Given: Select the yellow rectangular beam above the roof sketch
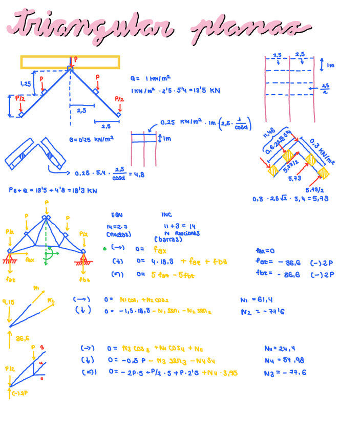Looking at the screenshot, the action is [x=70, y=62].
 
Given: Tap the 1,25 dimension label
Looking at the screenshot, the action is [x=26, y=83].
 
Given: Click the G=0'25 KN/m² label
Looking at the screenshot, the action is [x=91, y=139].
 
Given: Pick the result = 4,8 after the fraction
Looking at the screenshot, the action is [x=138, y=173].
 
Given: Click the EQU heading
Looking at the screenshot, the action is [x=117, y=215].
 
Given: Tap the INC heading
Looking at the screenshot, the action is [x=166, y=215].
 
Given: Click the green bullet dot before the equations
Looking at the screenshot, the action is [x=104, y=249].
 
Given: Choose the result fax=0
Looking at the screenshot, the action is [x=265, y=251].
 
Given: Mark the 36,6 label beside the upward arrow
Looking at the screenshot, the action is [x=23, y=338].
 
